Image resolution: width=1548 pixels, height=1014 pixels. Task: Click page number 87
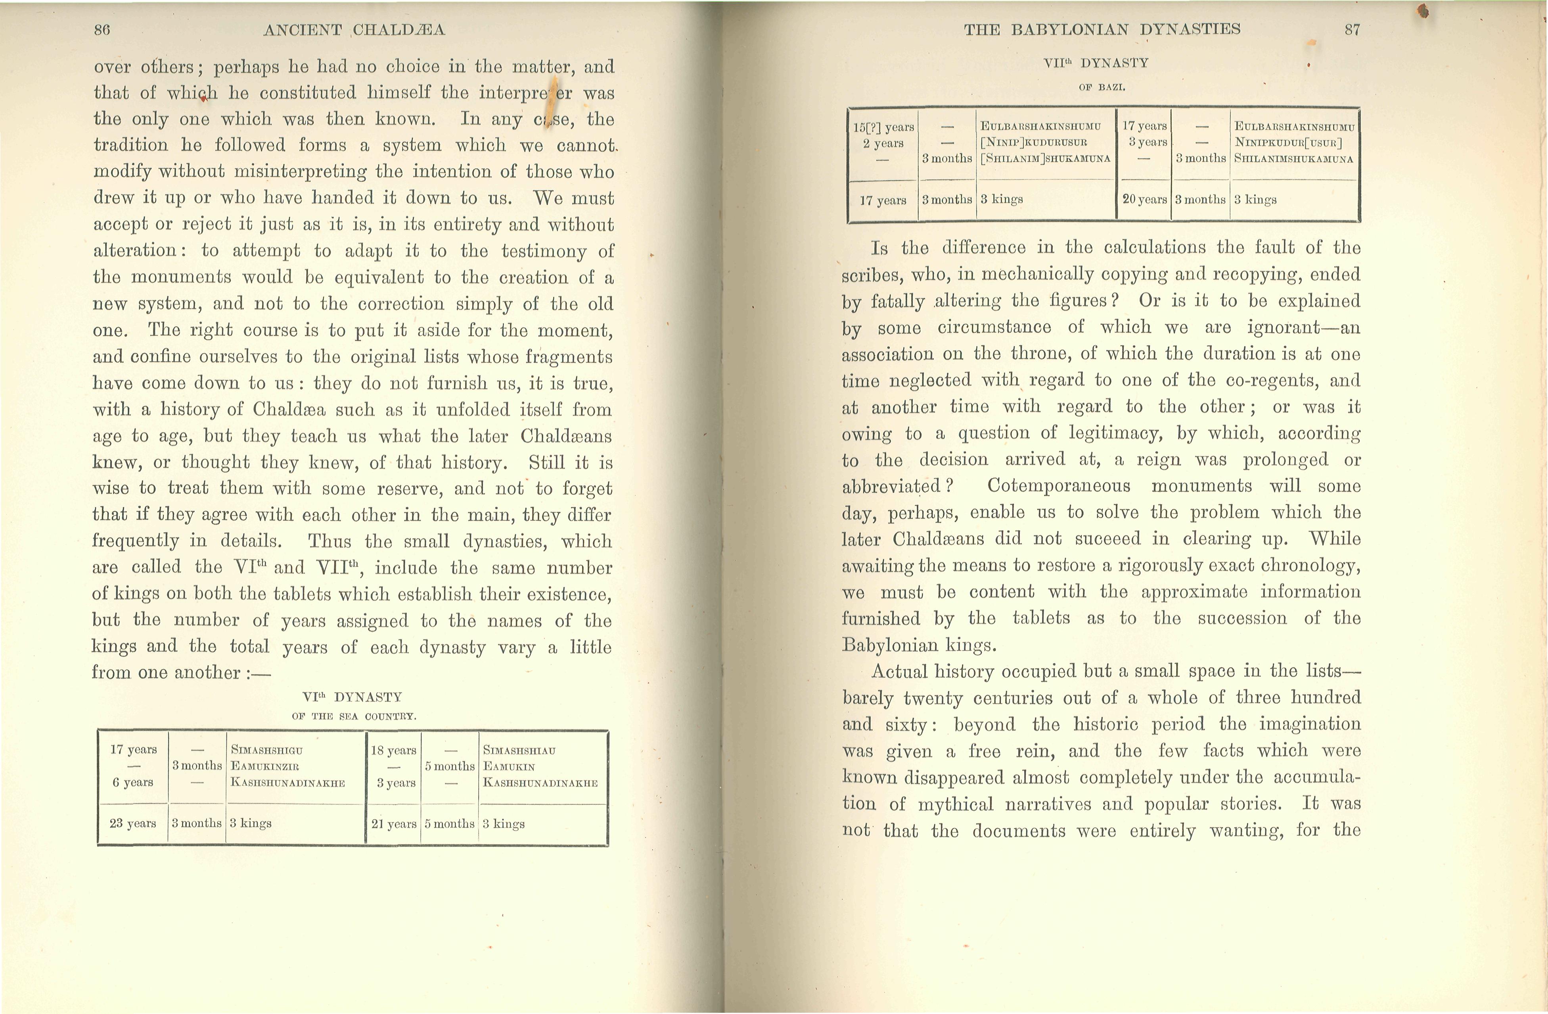(x=1352, y=29)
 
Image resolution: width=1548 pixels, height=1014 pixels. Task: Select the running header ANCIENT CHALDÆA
(x=354, y=29)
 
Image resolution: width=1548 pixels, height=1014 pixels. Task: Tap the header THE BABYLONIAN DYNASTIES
(x=1102, y=29)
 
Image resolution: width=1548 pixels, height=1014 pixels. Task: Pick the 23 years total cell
(x=133, y=824)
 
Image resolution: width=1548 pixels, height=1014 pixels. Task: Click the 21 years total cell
(x=393, y=824)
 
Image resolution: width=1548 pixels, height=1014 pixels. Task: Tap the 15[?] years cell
(x=883, y=127)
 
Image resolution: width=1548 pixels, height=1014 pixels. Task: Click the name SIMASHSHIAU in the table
(x=519, y=750)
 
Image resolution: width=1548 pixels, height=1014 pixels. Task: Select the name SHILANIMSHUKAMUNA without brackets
(x=1294, y=158)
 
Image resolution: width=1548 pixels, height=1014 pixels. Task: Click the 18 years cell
(x=393, y=750)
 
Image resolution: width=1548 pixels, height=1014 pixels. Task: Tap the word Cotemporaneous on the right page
(x=1058, y=486)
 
